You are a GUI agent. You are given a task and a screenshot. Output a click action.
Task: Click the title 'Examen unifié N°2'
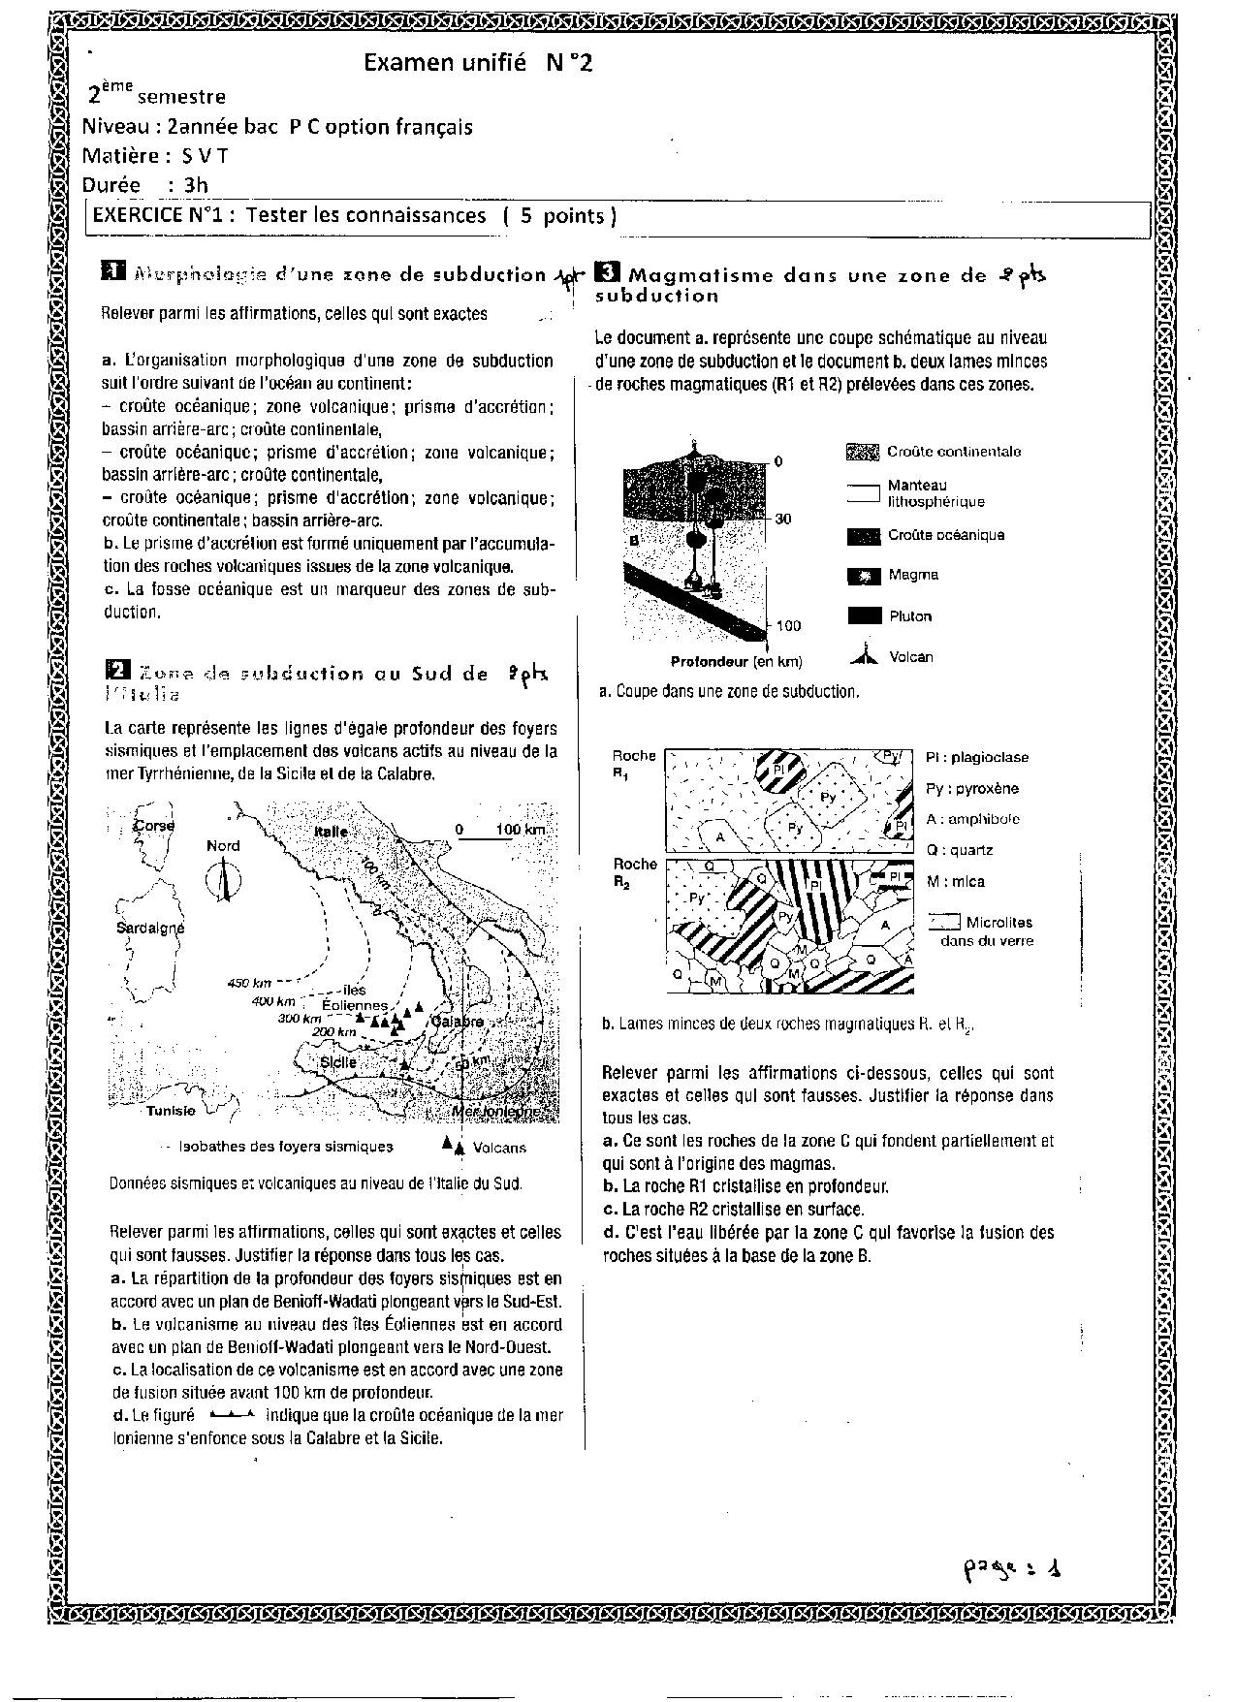coord(477,63)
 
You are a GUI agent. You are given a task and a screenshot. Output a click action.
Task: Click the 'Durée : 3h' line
coord(145,185)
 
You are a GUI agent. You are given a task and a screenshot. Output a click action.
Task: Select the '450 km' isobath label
coord(249,984)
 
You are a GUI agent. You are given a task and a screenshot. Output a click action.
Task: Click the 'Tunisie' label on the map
coord(172,1111)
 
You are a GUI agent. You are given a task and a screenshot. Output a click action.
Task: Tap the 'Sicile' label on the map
coord(338,1062)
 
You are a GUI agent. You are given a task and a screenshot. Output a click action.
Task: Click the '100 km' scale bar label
coord(521,830)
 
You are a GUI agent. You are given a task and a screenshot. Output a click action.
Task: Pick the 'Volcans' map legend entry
coord(498,1148)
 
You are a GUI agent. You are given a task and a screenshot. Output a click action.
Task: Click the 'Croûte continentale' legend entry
coord(953,452)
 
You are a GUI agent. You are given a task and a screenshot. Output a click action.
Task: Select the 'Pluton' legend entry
coord(909,616)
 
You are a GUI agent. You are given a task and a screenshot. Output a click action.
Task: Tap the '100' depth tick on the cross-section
coord(788,626)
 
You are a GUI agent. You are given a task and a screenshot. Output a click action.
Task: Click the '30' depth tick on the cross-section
coord(782,520)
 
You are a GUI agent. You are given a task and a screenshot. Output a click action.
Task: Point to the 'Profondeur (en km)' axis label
coord(737,662)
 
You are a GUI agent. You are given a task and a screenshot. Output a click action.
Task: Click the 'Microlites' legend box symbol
coord(943,922)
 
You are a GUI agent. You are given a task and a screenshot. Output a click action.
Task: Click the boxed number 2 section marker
coord(116,670)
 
